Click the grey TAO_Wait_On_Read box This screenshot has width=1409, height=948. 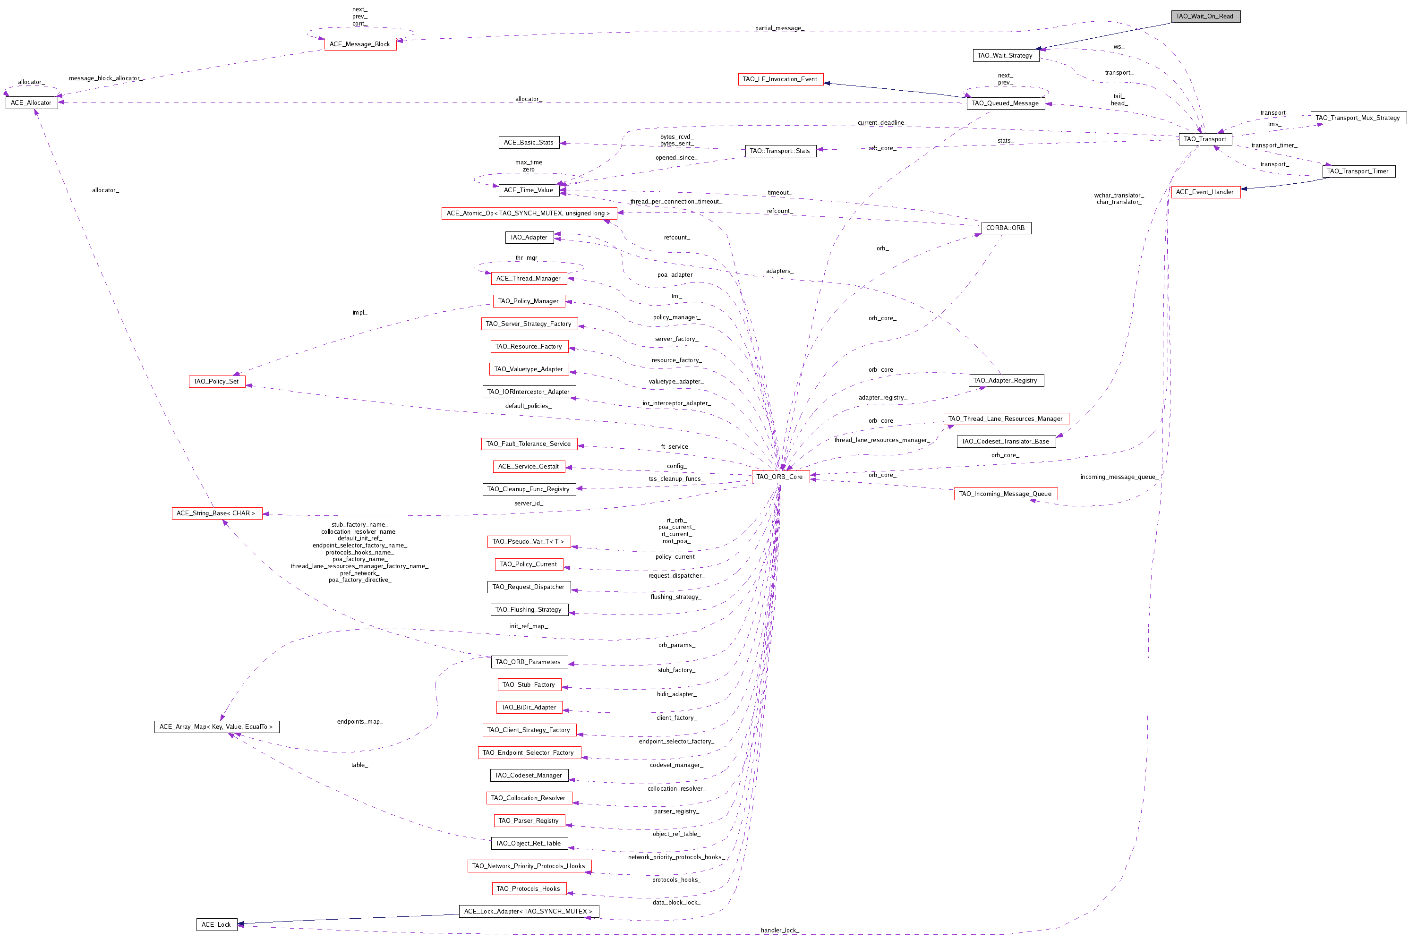[x=1204, y=17]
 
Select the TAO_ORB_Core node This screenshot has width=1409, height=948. [x=779, y=477]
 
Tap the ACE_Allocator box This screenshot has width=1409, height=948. [x=32, y=103]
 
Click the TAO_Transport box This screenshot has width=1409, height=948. [x=1204, y=139]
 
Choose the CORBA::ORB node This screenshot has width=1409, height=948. [x=1005, y=228]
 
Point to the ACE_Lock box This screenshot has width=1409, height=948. [x=216, y=924]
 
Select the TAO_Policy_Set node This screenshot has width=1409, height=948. [x=216, y=382]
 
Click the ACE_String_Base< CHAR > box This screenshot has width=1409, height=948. [x=216, y=513]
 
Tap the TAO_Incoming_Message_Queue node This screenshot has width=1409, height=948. [x=1005, y=494]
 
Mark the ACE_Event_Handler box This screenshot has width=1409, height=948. [x=1204, y=192]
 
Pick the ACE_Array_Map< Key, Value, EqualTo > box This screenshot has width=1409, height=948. [x=216, y=727]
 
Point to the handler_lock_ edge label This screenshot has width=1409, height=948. [x=780, y=931]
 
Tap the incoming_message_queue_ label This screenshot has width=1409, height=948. [x=1119, y=477]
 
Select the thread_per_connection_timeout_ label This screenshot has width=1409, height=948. [x=676, y=202]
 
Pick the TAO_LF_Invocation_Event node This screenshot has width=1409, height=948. [x=780, y=79]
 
